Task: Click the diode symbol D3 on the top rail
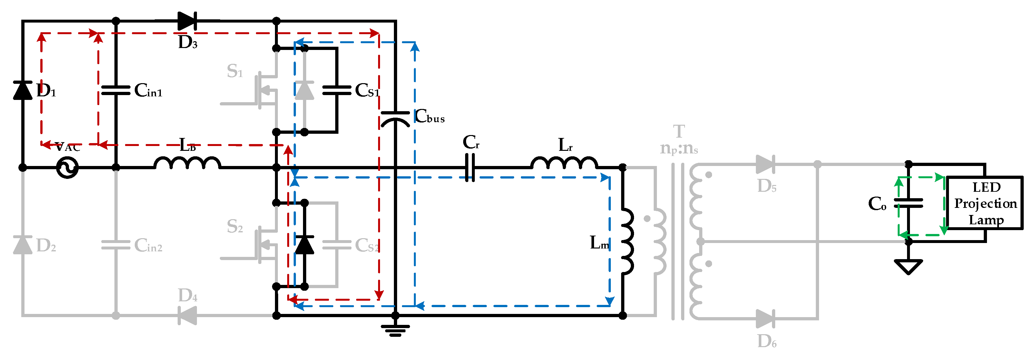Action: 187,21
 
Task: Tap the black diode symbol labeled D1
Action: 23,90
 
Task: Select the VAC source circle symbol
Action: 67,168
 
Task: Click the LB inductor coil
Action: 187,163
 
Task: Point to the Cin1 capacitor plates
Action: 116,90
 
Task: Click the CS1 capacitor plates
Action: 337,90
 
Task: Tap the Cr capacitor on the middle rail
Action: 470,168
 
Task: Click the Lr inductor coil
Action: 564,163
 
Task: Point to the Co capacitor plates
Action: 908,203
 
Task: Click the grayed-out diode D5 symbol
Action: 766,164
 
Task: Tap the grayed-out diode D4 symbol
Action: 187,316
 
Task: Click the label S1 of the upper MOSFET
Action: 235,72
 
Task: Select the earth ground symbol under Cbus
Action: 395,330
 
